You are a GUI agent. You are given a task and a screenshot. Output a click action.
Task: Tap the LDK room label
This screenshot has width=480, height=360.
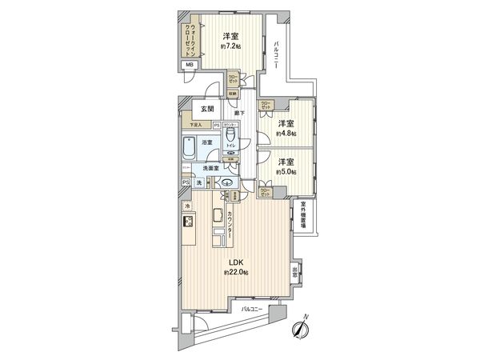(x=236, y=262)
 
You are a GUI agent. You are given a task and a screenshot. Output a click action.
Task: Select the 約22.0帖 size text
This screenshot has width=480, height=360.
(x=236, y=272)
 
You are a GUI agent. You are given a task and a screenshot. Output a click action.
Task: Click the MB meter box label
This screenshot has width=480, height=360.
(x=190, y=65)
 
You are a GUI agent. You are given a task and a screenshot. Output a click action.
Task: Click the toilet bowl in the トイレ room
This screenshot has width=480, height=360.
(x=231, y=140)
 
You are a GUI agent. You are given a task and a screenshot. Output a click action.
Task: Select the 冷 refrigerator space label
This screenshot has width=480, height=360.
(x=188, y=207)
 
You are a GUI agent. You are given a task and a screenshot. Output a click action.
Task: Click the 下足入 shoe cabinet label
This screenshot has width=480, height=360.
(x=195, y=126)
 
